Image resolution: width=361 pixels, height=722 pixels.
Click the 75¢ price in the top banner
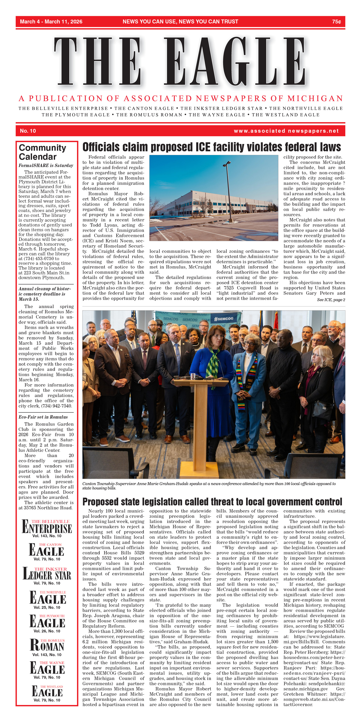336,22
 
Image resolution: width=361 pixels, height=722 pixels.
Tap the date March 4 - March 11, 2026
51,22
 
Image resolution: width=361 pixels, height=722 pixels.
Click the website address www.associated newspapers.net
286,131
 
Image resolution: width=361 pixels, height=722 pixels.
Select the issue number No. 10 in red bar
28,131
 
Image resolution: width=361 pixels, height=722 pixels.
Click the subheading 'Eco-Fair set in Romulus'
43,417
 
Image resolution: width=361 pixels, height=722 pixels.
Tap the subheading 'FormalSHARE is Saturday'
46,166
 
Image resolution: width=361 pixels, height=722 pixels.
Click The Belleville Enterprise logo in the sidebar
47,527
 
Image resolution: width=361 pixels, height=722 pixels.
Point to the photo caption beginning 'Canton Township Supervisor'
209,486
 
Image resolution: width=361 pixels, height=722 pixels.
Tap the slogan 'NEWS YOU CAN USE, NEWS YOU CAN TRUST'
180,22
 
